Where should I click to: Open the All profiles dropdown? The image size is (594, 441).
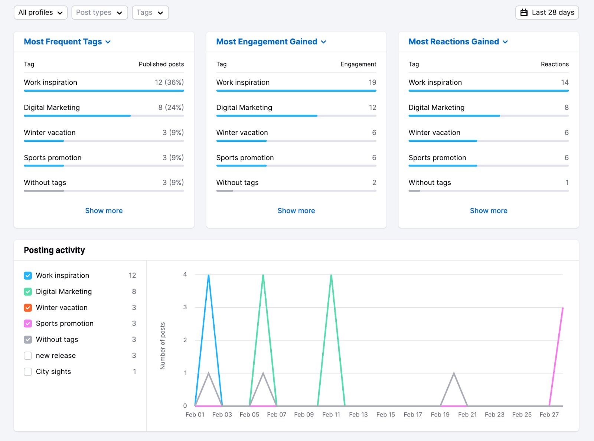tap(40, 13)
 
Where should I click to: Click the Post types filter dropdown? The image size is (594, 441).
tap(99, 13)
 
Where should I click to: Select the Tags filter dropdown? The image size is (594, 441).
tap(150, 13)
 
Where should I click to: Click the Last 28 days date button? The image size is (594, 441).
tap(547, 13)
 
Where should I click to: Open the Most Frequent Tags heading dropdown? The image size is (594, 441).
tap(67, 42)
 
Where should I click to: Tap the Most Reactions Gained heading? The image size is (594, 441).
tap(458, 42)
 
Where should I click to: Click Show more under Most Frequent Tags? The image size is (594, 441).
tap(104, 210)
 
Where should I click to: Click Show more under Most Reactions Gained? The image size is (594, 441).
tap(489, 210)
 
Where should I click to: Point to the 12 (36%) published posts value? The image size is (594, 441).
tap(169, 82)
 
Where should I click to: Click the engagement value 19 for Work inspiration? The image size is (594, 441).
tap(372, 82)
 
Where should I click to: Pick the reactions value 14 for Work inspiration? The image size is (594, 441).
tap(565, 82)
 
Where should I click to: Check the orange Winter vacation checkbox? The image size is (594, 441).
tap(28, 308)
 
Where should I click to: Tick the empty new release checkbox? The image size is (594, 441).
tap(28, 356)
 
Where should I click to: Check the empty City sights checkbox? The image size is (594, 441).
tap(28, 372)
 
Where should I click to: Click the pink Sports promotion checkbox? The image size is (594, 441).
tap(28, 324)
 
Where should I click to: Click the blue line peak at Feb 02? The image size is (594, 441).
tap(209, 275)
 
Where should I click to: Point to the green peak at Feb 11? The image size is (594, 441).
tap(331, 275)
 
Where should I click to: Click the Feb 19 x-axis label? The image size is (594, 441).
tap(440, 415)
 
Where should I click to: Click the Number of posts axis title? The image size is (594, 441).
tap(163, 346)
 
